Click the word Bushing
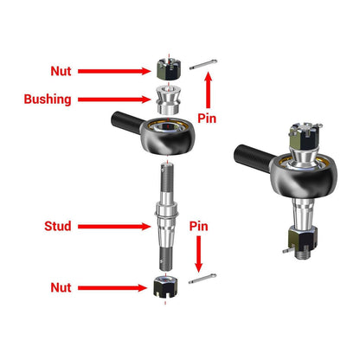47,99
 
